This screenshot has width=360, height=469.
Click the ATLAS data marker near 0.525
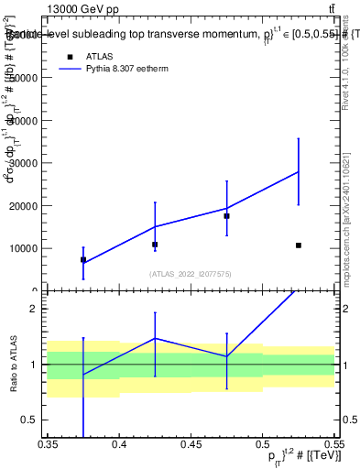(299, 245)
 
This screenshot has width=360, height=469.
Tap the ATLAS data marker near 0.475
(226, 216)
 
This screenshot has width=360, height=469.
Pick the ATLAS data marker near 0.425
(155, 245)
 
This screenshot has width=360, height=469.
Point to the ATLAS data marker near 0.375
(83, 260)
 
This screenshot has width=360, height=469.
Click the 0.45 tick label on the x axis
(191, 444)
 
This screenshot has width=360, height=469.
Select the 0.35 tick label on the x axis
(48, 444)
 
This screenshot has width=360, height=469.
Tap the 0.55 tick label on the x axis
(333, 444)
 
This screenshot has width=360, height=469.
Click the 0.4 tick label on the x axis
(119, 444)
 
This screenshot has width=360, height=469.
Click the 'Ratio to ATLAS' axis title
(14, 365)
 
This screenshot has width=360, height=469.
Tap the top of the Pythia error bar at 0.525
(299, 138)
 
